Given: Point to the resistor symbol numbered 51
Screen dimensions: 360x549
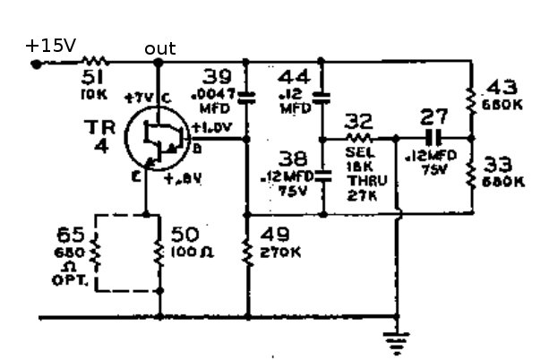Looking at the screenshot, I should pos(94,62).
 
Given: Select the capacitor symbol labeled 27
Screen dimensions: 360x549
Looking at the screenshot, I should pos(434,138).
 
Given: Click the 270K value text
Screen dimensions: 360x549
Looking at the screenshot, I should pos(276,253).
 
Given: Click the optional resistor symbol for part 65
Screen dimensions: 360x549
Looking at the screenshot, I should pos(98,253).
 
